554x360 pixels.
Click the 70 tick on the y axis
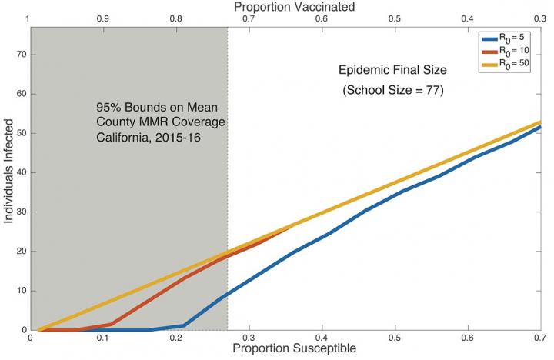tap(22, 55)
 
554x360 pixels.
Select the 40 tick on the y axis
tap(22, 172)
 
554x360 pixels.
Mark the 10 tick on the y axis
tap(22, 291)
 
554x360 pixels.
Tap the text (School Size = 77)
tap(393, 91)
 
